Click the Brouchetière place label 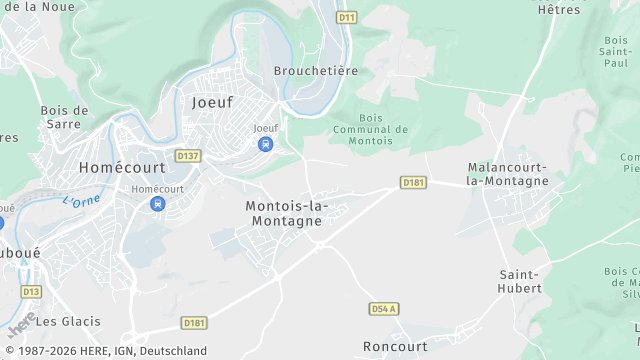316,71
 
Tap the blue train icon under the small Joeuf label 265,144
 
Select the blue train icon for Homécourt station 157,204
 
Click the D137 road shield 187,156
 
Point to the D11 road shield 347,17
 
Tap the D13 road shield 31,291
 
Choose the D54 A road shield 384,309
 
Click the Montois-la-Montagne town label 287,213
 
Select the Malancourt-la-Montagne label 508,174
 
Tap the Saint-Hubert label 520,281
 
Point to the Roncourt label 395,346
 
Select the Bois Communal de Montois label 370,129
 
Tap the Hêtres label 558,10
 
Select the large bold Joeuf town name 212,102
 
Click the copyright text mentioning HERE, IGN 104,351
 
